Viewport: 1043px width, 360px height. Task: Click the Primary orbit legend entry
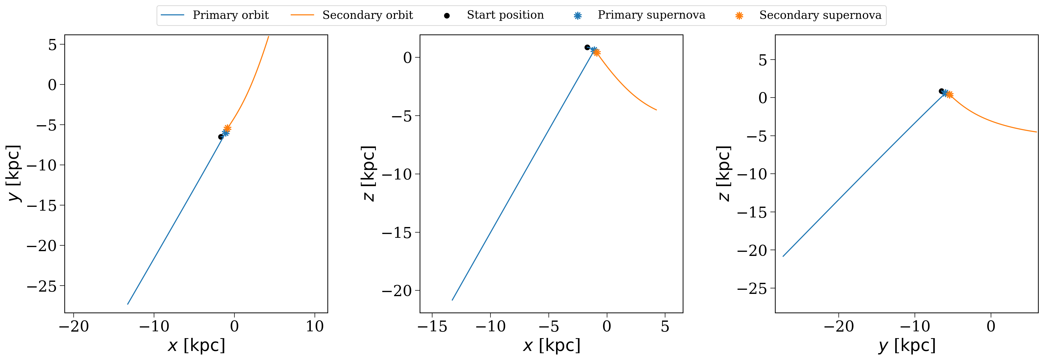[215, 15]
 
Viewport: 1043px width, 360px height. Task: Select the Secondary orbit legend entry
[352, 15]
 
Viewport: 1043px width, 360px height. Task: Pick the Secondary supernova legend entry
[808, 15]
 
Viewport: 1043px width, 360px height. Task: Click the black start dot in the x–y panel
[221, 137]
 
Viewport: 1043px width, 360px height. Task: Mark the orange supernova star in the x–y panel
[228, 128]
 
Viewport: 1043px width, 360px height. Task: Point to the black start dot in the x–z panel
[587, 47]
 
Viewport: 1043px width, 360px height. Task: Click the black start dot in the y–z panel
[941, 91]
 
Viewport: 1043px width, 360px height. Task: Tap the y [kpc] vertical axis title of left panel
[13, 173]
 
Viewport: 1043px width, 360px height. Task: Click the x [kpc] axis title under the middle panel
[552, 345]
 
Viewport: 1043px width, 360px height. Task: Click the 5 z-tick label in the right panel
[763, 60]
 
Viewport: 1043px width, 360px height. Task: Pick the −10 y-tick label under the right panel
[915, 326]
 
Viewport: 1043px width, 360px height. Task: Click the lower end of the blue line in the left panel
[128, 304]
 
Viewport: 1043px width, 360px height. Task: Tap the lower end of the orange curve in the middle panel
[656, 110]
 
